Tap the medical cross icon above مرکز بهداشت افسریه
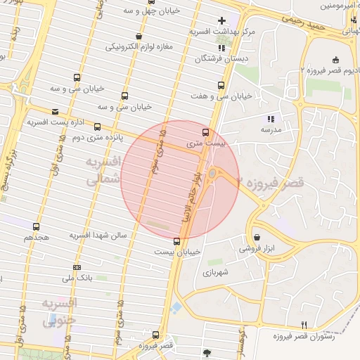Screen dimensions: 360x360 (x=222, y=20)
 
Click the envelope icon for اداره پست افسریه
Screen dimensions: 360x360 (x=56, y=111)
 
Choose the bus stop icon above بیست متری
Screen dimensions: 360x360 (x=205, y=131)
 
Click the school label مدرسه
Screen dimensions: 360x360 (x=271, y=130)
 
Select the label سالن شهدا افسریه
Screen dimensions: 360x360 (x=98, y=235)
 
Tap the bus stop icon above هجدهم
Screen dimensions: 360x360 (x=36, y=226)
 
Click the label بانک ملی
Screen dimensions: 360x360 (x=77, y=279)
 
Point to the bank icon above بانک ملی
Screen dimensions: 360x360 (x=76, y=267)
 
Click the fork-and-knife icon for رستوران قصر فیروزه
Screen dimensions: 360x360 (x=304, y=324)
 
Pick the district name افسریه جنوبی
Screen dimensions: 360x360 (x=60, y=313)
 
